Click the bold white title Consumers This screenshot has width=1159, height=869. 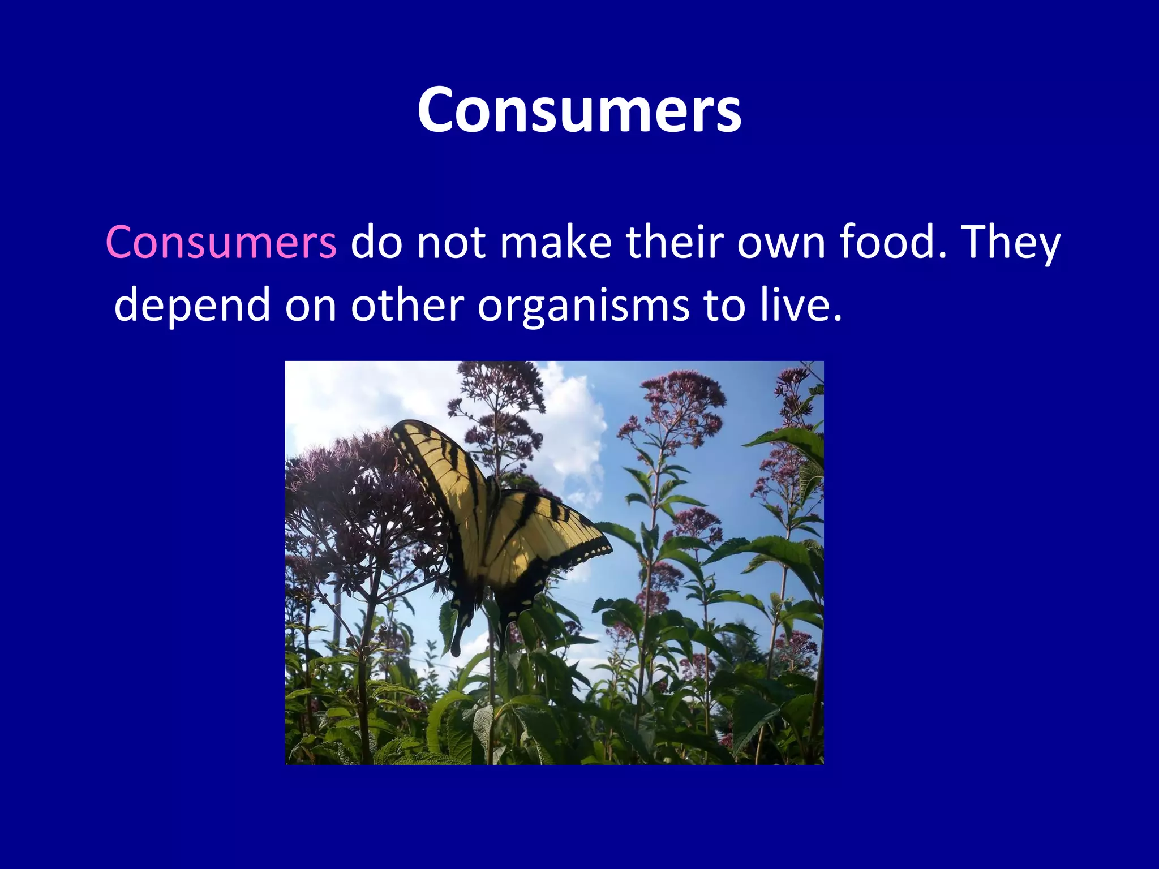[x=579, y=110]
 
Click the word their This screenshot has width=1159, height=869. [x=674, y=243]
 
